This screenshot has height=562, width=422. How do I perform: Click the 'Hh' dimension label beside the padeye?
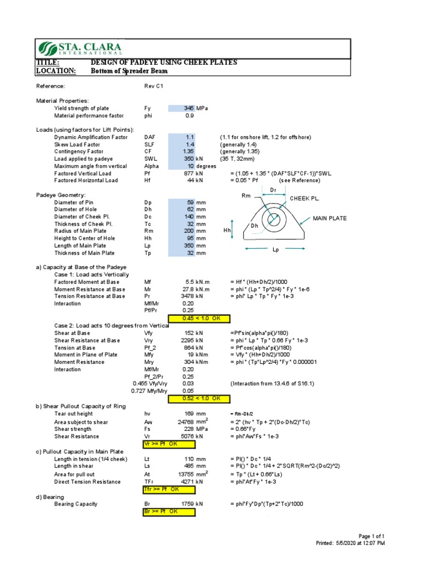pyautogui.click(x=227, y=231)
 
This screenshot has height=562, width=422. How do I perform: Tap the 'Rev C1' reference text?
pyautogui.click(x=153, y=86)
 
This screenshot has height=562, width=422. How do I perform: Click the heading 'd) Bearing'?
pyautogui.click(x=50, y=497)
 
